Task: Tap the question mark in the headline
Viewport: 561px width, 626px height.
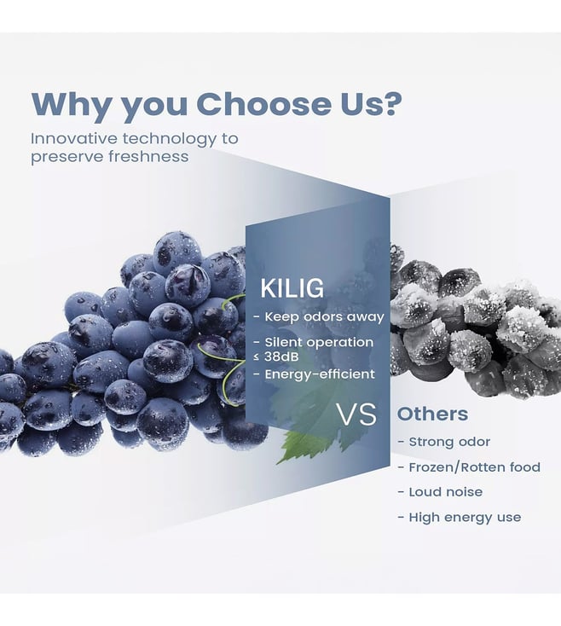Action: (x=388, y=103)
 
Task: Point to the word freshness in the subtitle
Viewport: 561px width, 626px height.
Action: (x=149, y=157)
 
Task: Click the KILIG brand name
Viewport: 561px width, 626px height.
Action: (x=292, y=288)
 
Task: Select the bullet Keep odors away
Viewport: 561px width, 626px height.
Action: (x=319, y=317)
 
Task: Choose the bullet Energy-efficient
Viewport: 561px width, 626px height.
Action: (x=315, y=374)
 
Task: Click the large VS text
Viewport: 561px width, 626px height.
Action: (x=356, y=414)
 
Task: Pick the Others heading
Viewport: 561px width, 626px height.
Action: (x=432, y=414)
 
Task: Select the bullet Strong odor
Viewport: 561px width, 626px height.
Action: (x=443, y=442)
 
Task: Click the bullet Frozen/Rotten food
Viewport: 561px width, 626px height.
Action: (x=469, y=467)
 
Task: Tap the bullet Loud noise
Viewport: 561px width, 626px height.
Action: (x=440, y=492)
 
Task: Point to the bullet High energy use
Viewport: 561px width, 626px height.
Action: (x=460, y=518)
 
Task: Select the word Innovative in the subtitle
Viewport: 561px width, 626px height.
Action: (x=75, y=138)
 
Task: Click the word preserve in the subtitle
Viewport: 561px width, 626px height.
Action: (x=67, y=157)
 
